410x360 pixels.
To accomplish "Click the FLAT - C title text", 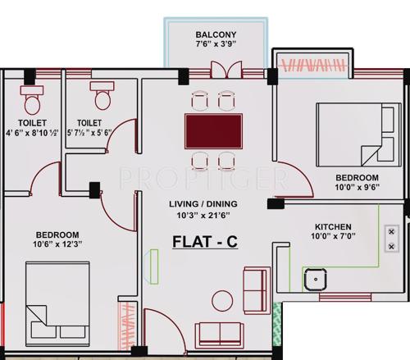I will (x=205, y=244).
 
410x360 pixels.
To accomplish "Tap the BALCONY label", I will (x=216, y=34).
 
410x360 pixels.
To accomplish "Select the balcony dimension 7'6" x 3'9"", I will (x=216, y=46).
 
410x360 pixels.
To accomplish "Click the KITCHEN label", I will (x=333, y=227).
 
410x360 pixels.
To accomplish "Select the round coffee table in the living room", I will (x=221, y=300).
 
